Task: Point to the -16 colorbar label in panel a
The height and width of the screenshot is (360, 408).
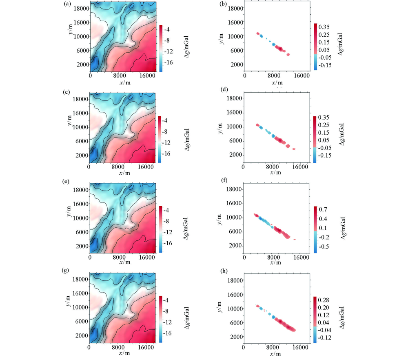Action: (x=170, y=64)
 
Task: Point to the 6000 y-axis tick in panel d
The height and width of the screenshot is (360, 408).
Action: (x=235, y=141)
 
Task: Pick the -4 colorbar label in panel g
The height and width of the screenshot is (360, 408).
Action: (x=168, y=300)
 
